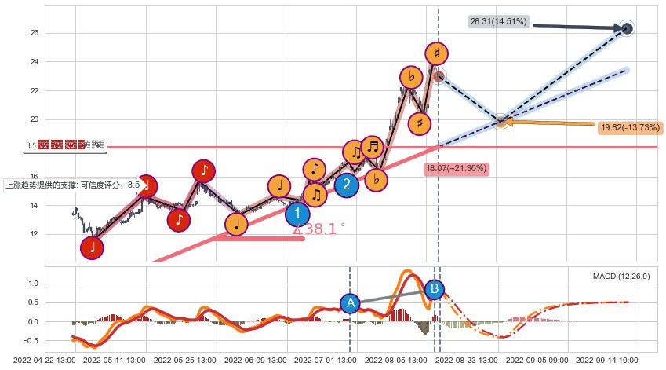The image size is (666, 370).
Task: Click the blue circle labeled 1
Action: [x=297, y=214]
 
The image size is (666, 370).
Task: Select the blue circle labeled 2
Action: [x=346, y=185]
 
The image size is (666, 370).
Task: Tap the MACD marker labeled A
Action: [x=351, y=302]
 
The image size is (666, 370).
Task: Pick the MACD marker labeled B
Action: [x=434, y=289]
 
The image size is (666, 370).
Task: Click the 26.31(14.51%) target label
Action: [x=498, y=22]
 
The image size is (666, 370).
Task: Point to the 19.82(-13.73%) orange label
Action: [x=629, y=127]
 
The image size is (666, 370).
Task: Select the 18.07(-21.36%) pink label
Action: [x=456, y=168]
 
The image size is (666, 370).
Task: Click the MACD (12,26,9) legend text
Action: [x=621, y=277]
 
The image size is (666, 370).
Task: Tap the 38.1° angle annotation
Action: [x=318, y=229]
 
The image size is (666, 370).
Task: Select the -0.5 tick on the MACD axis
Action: [x=31, y=341]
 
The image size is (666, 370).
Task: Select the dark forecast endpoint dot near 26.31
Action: [x=627, y=29]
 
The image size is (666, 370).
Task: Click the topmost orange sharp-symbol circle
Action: [x=437, y=53]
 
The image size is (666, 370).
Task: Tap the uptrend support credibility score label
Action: [x=73, y=185]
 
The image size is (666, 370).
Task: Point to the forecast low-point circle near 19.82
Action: [x=501, y=121]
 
